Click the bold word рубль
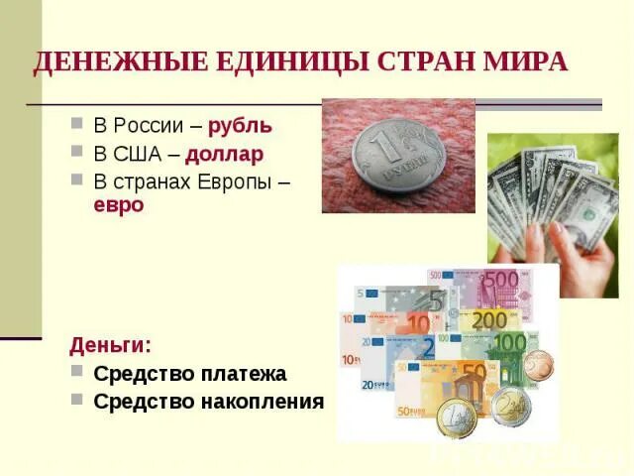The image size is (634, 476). (x=240, y=127)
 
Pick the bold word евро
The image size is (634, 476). (x=119, y=204)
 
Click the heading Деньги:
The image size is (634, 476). (x=110, y=345)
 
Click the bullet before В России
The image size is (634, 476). (x=76, y=127)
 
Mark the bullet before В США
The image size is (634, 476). (x=76, y=155)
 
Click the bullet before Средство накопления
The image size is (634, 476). (x=76, y=401)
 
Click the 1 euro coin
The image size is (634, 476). (x=457, y=416)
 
